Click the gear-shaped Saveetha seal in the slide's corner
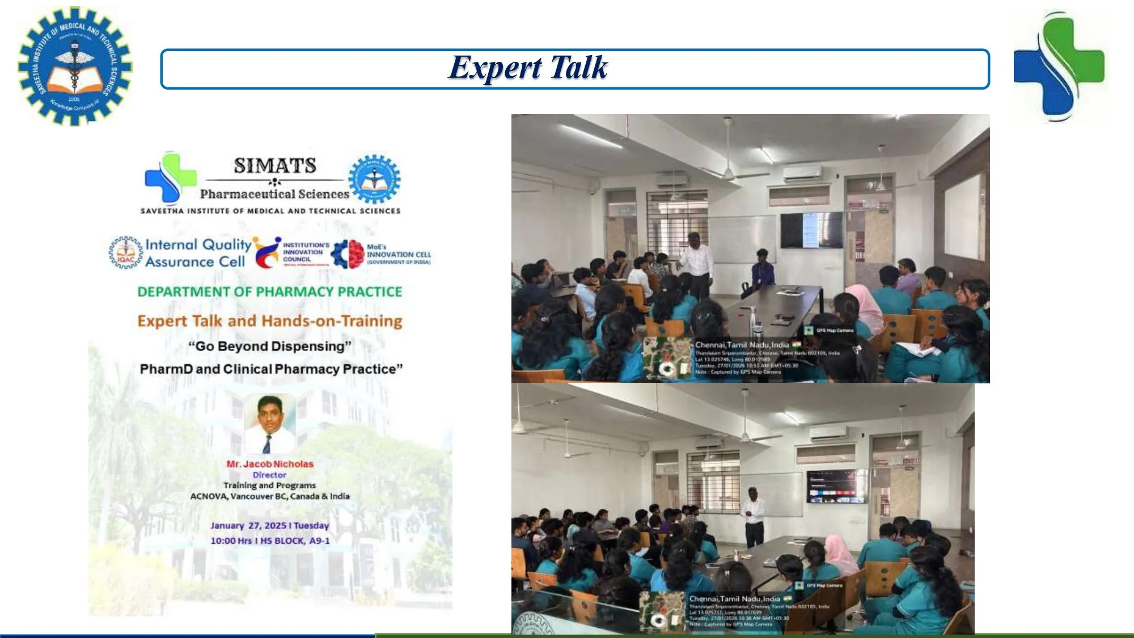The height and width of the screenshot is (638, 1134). point(74,66)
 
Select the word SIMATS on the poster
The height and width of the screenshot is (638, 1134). point(275,166)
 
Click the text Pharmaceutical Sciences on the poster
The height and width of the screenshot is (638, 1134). point(274,194)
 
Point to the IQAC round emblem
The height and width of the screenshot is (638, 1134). point(126,253)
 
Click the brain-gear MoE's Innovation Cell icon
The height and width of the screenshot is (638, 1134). point(348,253)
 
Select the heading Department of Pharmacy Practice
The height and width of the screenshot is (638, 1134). point(270,291)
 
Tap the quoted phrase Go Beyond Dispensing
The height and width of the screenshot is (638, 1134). point(270,346)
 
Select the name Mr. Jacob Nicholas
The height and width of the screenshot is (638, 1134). point(270,464)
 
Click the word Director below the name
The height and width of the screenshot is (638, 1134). point(269,475)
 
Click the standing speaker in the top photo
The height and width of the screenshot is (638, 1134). point(696,264)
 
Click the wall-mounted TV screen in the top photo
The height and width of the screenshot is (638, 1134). point(811,230)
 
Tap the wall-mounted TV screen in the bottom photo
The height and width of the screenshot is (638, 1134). point(836,487)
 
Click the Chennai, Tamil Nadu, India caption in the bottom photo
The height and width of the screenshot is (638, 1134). point(734,598)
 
